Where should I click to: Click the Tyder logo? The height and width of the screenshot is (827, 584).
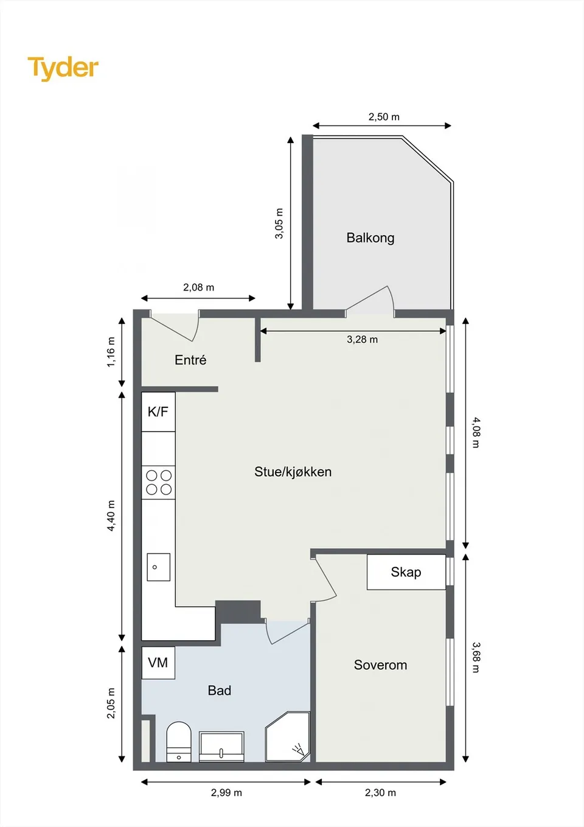coord(63,69)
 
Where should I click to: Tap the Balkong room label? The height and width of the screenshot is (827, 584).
coord(370,238)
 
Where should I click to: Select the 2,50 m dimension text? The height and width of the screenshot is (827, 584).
coord(384,117)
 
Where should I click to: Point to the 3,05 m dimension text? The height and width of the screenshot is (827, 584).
coord(279,223)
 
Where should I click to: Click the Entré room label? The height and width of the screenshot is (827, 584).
coord(190,359)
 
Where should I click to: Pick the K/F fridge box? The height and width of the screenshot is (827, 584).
coord(158,411)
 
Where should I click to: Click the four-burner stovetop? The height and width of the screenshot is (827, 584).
coord(159,482)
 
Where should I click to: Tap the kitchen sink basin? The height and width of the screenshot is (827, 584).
coord(159,567)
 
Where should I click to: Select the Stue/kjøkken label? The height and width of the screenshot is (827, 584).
coord(293,471)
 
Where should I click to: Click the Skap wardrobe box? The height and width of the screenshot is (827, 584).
coord(406,572)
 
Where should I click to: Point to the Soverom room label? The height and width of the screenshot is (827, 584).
coord(380,664)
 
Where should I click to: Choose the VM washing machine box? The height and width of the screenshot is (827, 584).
coord(158,663)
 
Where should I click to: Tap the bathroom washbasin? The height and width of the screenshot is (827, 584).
coord(221,747)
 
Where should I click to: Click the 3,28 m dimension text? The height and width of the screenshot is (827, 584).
coord(362,339)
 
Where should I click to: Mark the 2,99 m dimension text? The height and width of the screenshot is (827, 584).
coord(226,792)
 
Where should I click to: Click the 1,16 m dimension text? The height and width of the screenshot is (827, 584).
coord(111,352)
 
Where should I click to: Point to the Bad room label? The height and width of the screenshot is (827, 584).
coord(220,691)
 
